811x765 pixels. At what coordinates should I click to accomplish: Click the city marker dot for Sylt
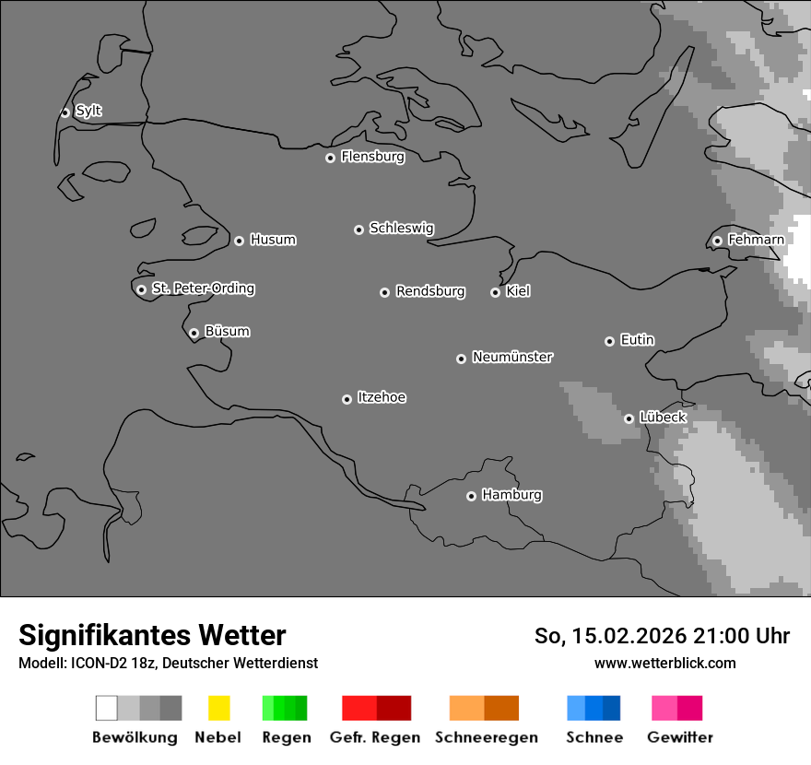tap(65, 112)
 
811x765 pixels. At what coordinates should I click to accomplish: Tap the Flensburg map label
tap(372, 157)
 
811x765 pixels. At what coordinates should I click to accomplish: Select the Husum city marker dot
tap(239, 241)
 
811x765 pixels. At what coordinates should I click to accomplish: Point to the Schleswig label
tap(401, 228)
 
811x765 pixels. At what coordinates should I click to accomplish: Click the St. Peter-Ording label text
tap(203, 288)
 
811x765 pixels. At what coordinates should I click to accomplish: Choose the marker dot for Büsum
tap(194, 333)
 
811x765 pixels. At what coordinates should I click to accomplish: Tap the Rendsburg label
tap(430, 291)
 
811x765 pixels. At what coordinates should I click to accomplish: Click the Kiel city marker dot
tap(495, 292)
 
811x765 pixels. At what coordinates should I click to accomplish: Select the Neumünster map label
tap(512, 357)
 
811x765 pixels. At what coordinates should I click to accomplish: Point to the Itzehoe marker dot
tap(347, 399)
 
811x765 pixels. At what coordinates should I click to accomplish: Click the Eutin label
tap(637, 340)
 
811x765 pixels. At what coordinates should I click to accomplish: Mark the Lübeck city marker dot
tap(629, 418)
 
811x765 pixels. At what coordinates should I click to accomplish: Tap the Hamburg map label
tap(511, 495)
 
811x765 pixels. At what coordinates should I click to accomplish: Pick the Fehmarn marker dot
tap(717, 241)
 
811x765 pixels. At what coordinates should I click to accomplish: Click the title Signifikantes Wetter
tap(152, 635)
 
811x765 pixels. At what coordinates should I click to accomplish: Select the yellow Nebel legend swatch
tap(218, 708)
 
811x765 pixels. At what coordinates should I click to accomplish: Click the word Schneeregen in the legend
tap(487, 737)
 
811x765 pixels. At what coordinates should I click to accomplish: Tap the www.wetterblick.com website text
tap(664, 663)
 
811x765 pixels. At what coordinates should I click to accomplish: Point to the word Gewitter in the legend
tap(680, 737)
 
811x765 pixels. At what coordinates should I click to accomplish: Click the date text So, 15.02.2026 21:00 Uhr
tap(662, 636)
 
